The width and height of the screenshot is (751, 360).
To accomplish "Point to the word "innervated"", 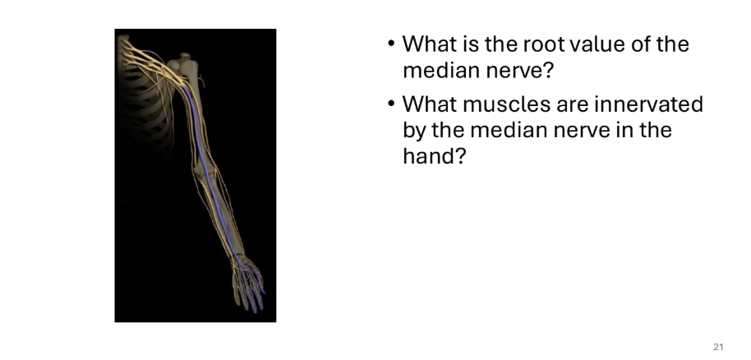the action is pos(648,104).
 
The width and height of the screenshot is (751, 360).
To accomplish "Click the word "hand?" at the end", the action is pos(434,155).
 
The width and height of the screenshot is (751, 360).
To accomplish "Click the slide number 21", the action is pos(718,347).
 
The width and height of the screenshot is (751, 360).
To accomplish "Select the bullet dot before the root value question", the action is pos(391,44).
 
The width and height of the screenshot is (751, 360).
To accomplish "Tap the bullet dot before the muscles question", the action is pos(391,104).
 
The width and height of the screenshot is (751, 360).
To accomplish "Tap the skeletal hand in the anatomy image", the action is pos(248,283).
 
